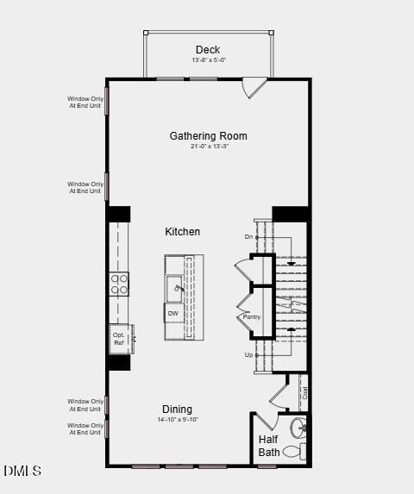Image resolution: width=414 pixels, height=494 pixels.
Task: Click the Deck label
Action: coord(208,50)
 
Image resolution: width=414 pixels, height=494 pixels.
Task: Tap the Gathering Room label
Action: coord(208,136)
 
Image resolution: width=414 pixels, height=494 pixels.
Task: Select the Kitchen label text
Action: coord(183,232)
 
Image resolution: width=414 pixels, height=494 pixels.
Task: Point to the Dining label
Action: coord(177,410)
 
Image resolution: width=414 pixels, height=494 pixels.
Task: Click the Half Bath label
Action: coord(269,446)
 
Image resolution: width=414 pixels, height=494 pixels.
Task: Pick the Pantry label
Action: coord(252,317)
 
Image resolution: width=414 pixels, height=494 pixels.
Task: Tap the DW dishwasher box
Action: coord(173,314)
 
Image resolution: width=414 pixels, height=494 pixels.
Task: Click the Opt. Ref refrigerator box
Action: coord(119,338)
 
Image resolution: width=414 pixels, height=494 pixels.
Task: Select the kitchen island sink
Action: coord(175,288)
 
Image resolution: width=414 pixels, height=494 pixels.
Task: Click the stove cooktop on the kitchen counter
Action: coord(119,285)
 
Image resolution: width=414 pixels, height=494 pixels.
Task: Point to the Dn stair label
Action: coord(248,236)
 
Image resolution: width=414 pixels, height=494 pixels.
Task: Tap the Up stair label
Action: coord(248,354)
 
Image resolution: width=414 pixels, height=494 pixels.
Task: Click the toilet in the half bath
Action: coord(292,451)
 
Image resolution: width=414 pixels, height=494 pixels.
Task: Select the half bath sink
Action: coord(299,428)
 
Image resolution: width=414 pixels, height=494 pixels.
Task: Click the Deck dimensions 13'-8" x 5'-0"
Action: coord(208,60)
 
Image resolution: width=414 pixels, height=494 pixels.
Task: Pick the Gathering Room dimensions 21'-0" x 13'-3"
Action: coord(208,147)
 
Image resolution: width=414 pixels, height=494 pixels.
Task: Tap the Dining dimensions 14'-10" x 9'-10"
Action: coord(178,420)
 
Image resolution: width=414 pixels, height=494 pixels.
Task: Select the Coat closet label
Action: coord(304,392)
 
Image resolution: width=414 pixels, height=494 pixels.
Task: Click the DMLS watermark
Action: coord(22,471)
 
